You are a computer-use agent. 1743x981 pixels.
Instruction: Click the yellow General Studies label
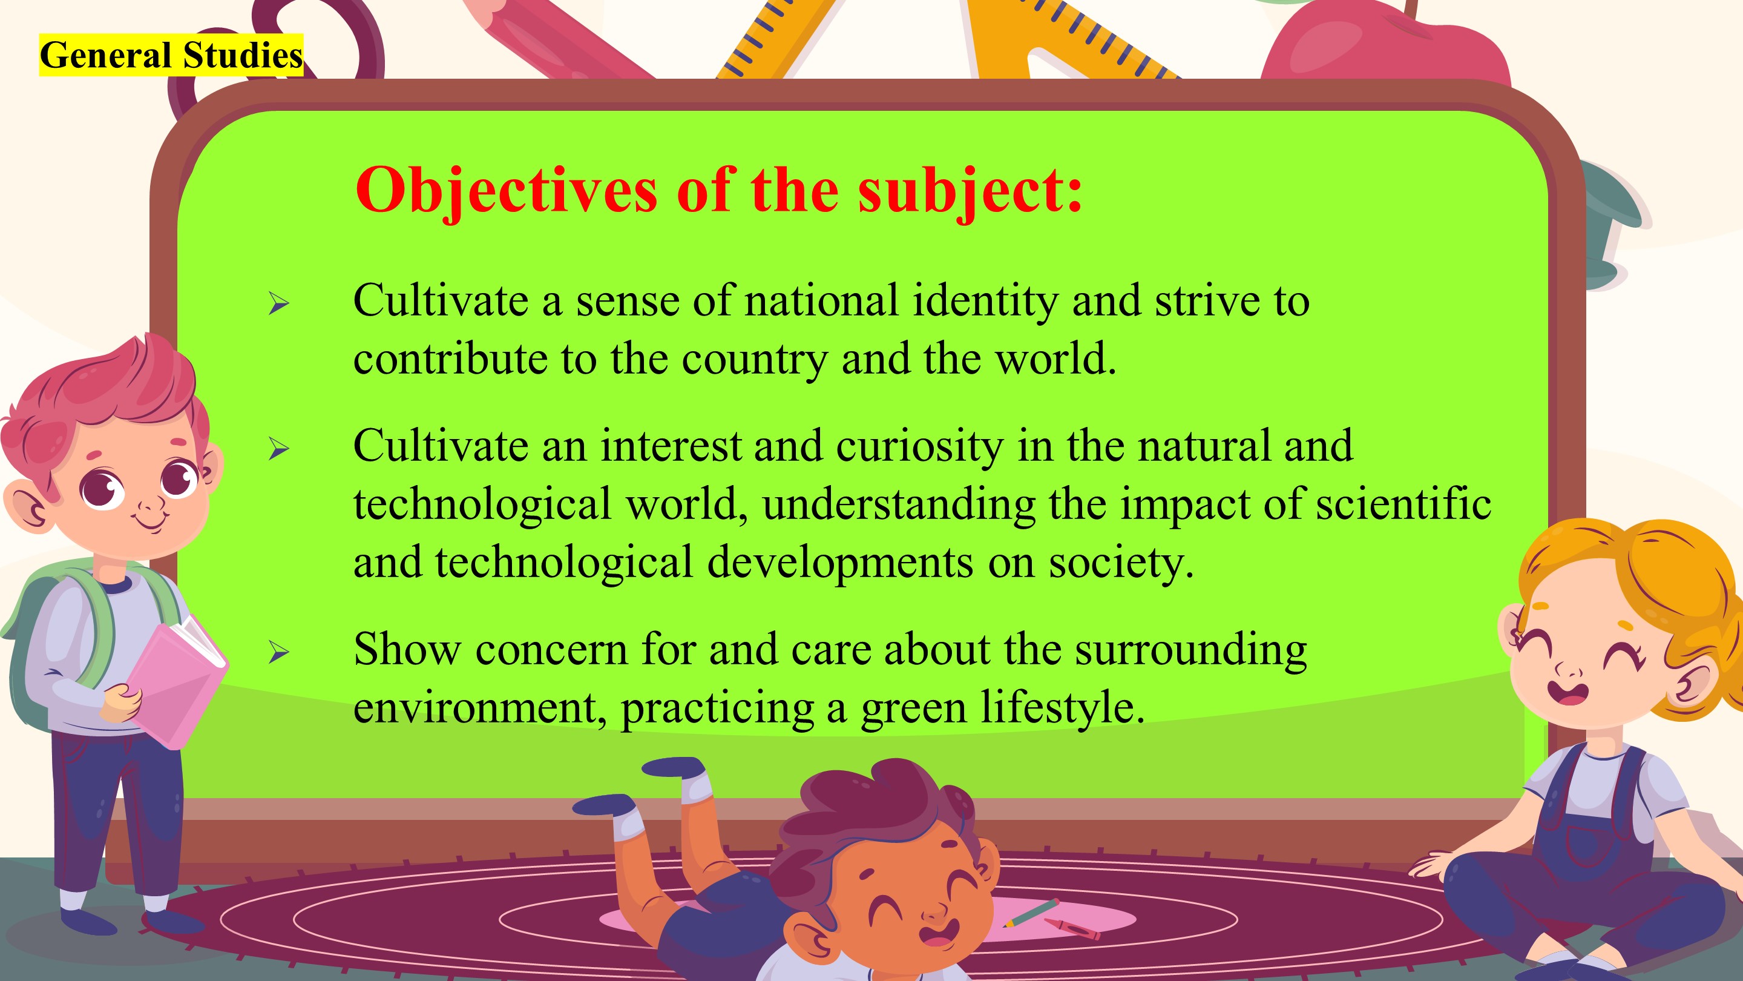(171, 55)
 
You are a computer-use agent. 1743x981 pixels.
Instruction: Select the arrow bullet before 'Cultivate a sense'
(279, 303)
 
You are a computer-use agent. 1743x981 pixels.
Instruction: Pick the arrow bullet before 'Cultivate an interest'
(279, 448)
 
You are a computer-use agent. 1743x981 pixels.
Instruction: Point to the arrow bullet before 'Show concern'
(279, 652)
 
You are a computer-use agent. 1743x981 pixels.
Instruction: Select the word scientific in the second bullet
(1403, 504)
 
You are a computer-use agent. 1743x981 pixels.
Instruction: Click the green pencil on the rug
(1031, 913)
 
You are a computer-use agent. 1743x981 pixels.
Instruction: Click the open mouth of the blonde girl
(1567, 693)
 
